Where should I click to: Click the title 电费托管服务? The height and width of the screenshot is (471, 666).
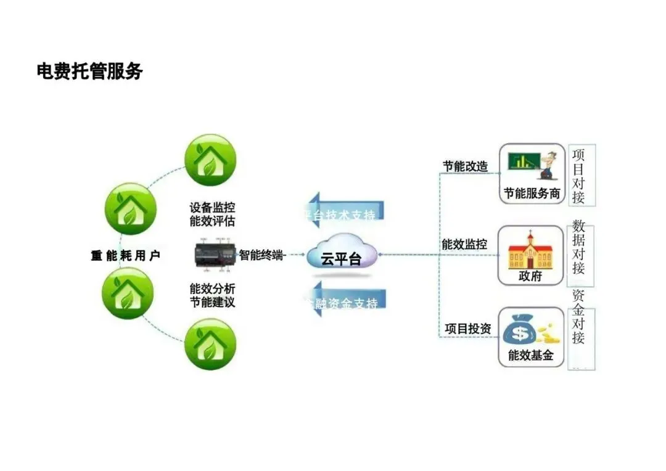pos(90,72)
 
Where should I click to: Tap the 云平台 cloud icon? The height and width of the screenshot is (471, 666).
pos(342,255)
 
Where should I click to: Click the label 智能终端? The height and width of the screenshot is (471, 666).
pos(261,255)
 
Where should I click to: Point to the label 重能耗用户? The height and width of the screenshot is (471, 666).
pos(126,255)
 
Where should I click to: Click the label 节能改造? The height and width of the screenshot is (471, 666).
pos(465,166)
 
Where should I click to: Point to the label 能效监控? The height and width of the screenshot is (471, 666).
pos(464,245)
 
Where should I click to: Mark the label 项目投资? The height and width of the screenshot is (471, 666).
pos(468,329)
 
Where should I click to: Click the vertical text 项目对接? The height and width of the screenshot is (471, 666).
pos(578,175)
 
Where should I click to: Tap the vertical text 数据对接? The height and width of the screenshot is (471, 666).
pos(578,246)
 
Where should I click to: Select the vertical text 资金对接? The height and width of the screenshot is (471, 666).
pos(578,317)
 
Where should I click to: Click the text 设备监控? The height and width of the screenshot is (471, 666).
pos(212,208)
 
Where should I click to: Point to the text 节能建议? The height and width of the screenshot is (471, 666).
pos(212,302)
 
